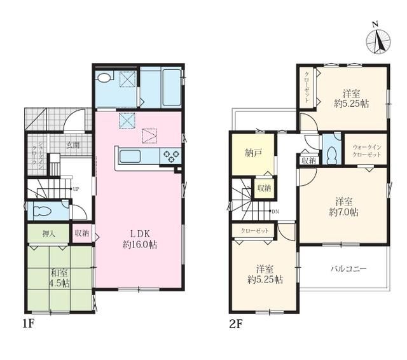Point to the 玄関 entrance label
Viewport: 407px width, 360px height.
pyautogui.click(x=73, y=145)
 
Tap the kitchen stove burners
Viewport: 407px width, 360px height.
pyautogui.click(x=170, y=155)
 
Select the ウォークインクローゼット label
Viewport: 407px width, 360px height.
pyautogui.click(x=366, y=150)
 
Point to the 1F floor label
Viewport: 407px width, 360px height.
pyautogui.click(x=27, y=323)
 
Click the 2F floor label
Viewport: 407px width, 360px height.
pyautogui.click(x=236, y=323)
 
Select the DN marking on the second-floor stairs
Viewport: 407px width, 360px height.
pyautogui.click(x=275, y=211)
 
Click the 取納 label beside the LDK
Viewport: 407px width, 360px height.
pyautogui.click(x=82, y=233)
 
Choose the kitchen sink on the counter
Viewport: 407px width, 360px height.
pyautogui.click(x=129, y=155)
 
